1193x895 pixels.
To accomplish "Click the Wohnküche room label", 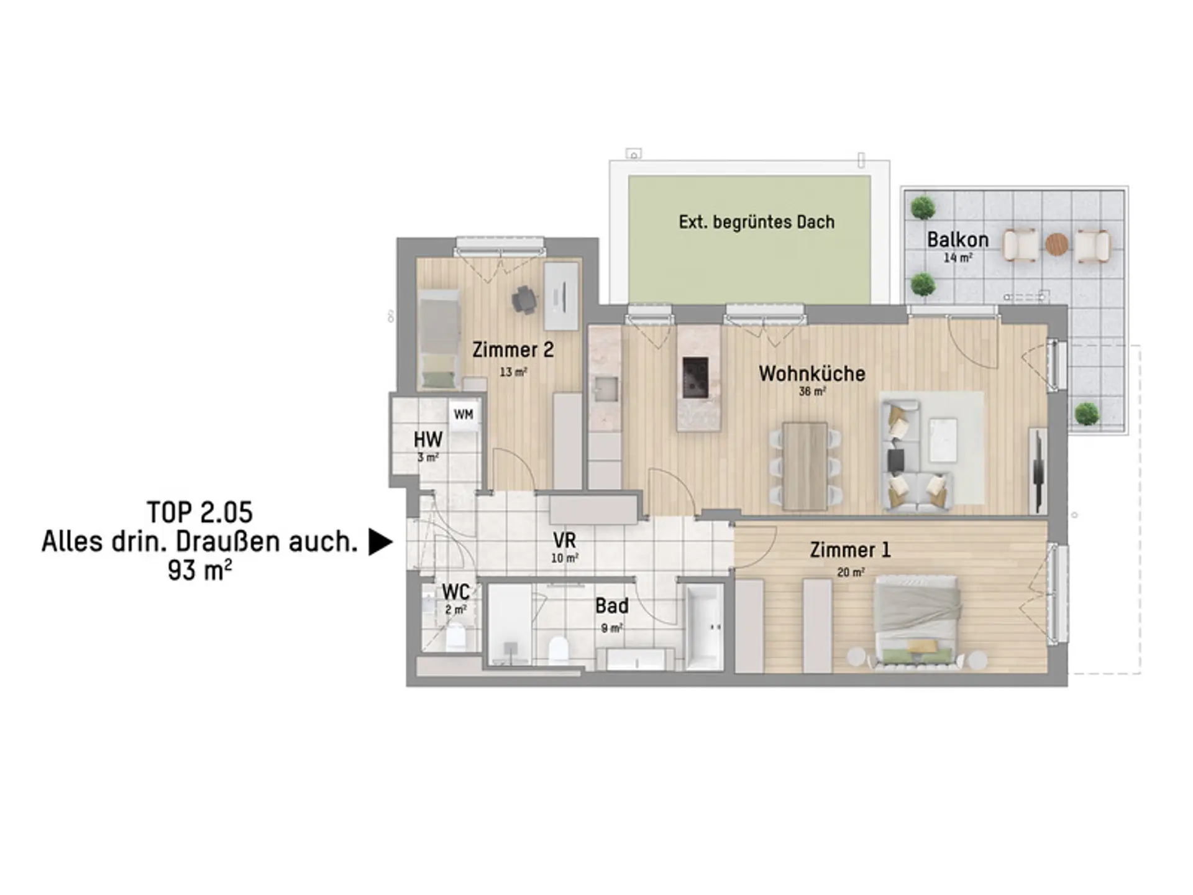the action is pyautogui.click(x=812, y=374).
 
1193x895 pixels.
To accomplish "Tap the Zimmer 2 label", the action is pyautogui.click(x=513, y=350).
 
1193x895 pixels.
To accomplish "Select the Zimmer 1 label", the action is pyautogui.click(x=850, y=550).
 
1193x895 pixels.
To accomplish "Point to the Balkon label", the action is pyautogui.click(x=958, y=239).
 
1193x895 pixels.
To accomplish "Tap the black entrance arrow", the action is pyautogui.click(x=380, y=542).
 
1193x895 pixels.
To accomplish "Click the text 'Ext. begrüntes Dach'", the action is pyautogui.click(x=756, y=222).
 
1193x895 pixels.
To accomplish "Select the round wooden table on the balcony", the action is pyautogui.click(x=1056, y=244).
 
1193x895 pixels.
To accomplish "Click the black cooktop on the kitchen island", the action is pyautogui.click(x=695, y=377).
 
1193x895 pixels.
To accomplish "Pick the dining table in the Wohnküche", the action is pyautogui.click(x=805, y=466).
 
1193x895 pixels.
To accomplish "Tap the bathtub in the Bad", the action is pyautogui.click(x=705, y=626).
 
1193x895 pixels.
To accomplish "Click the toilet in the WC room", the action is pyautogui.click(x=455, y=638).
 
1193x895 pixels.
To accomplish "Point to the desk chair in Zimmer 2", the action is pyautogui.click(x=524, y=300).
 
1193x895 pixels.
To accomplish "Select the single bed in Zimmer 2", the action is pyautogui.click(x=439, y=339).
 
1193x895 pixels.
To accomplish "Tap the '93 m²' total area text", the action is pyautogui.click(x=200, y=570).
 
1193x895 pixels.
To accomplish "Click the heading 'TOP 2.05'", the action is pyautogui.click(x=200, y=513).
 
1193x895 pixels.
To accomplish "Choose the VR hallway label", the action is pyautogui.click(x=564, y=539).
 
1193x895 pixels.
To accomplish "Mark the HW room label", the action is pyautogui.click(x=428, y=440).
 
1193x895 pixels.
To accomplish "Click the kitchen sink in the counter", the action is pyautogui.click(x=605, y=388).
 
